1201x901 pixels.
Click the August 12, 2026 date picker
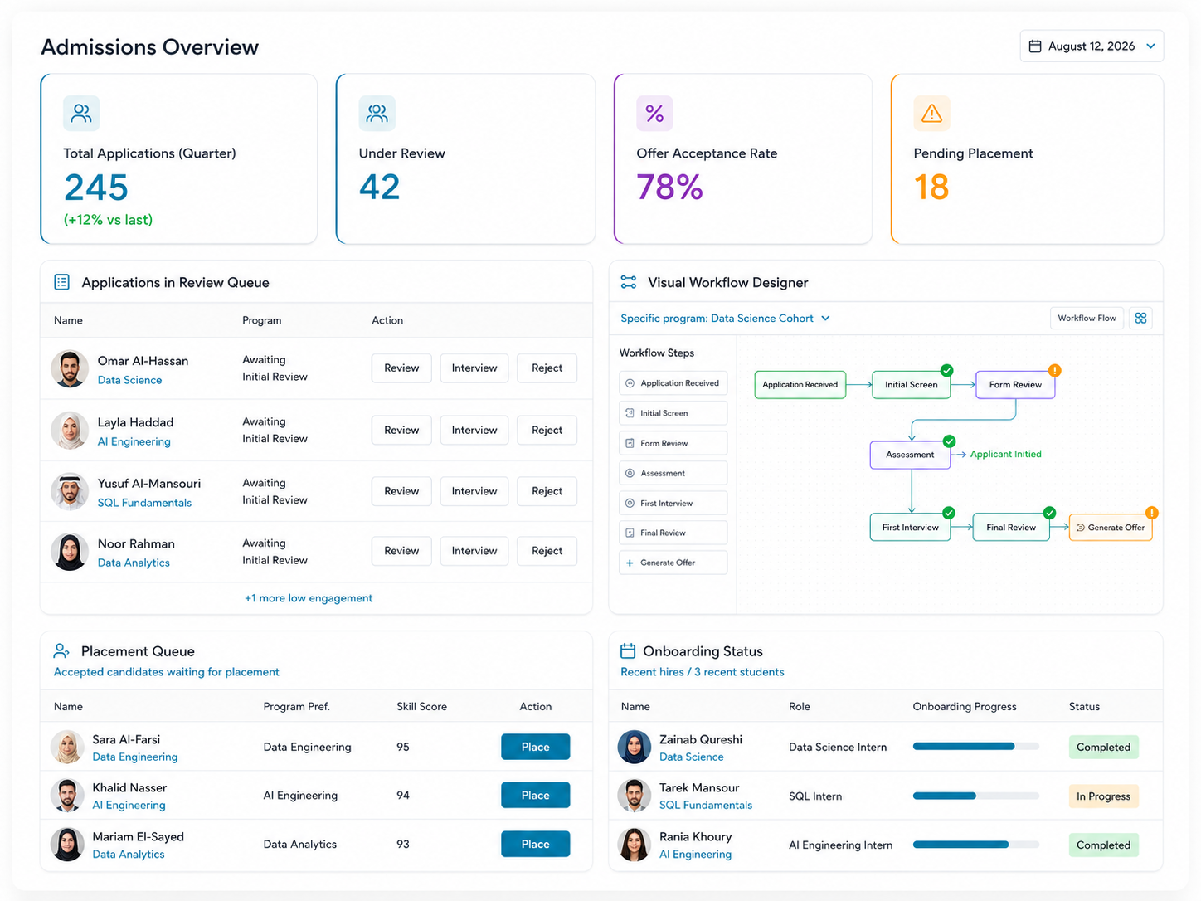1091,46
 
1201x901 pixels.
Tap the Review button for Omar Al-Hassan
401,368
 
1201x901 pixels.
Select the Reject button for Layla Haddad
547,430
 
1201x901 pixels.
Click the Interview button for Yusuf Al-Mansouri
474,491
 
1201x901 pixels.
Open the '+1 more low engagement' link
309,598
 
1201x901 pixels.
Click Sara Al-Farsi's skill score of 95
403,747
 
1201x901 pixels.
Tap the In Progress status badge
1103,796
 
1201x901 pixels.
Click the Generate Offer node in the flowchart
1110,528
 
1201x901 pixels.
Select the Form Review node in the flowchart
1015,385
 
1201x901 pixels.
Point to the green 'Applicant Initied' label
1005,454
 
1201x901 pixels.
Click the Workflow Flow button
1087,318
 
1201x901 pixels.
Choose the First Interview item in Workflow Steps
673,503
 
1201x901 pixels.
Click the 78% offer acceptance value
669,188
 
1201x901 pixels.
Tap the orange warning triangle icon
931,113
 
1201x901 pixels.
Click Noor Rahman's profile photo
70,552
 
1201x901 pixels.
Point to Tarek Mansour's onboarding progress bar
975,796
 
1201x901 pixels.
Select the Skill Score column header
421,706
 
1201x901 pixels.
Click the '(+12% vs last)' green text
108,220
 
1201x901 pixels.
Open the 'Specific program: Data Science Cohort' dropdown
725,319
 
